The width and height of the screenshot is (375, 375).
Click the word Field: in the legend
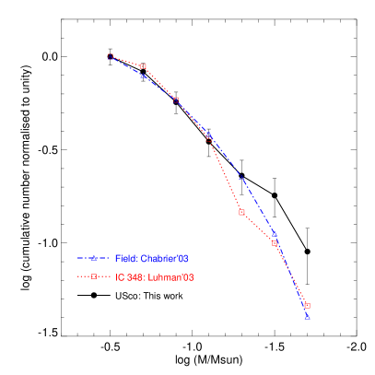point(126,259)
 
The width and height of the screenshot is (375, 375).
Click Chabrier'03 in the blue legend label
point(165,259)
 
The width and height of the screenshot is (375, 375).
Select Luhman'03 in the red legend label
point(172,277)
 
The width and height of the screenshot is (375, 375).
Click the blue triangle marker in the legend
point(94,259)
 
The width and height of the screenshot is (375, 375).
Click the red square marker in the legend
point(94,277)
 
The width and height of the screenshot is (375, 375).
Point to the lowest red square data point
point(307,306)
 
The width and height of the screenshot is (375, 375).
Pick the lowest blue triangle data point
point(307,316)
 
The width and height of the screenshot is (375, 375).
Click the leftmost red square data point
point(111,56)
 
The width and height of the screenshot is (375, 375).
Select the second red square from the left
point(144,66)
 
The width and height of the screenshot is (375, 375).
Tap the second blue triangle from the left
point(144,76)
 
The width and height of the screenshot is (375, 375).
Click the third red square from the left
point(176,100)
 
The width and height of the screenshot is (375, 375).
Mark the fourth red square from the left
point(209,136)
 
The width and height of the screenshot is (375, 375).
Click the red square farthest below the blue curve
point(241,212)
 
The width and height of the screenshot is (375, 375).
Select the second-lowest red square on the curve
point(275,243)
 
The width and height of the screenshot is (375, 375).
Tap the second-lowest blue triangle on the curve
point(275,236)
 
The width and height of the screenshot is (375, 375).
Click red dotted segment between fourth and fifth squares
point(225,174)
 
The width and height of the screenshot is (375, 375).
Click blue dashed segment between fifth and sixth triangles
point(258,206)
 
